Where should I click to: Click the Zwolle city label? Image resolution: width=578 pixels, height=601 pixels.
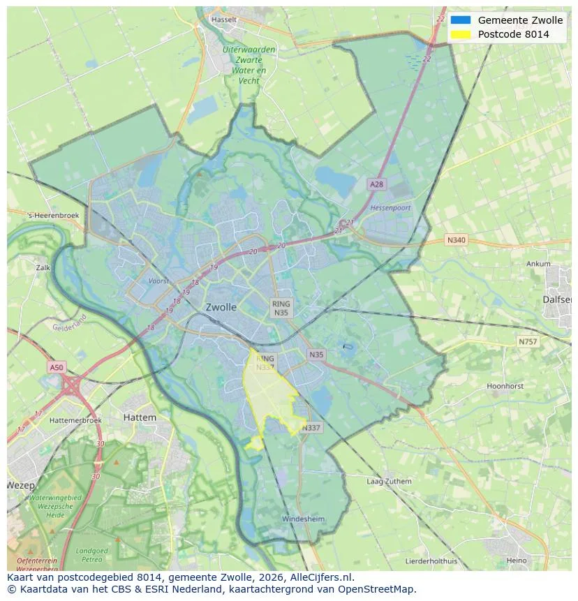point(221,307)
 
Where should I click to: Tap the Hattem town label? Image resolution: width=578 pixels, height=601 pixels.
point(140,417)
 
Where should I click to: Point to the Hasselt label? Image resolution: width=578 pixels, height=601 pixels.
point(223,20)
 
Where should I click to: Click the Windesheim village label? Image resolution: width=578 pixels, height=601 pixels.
point(303,519)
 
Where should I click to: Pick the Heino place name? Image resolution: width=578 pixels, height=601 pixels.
point(517,561)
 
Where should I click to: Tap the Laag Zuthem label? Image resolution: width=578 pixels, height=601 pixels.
point(389,482)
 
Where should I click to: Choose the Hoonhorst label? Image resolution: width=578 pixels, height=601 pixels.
point(505,386)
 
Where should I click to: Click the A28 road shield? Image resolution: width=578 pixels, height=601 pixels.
point(376,184)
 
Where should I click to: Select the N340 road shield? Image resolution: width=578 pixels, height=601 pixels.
point(455,240)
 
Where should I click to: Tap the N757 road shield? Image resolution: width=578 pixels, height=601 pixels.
point(528,342)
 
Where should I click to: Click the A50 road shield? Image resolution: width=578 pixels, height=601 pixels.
point(57,367)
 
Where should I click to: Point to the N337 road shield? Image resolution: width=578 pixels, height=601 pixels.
point(311,428)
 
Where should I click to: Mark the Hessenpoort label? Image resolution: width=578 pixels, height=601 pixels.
point(390,208)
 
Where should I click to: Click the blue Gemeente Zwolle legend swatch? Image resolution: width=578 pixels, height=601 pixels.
point(461,20)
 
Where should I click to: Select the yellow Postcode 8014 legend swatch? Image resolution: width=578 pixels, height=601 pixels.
point(461,34)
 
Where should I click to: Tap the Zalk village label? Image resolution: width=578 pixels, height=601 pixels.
point(43,267)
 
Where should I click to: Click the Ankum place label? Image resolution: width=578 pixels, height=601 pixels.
point(539,265)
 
